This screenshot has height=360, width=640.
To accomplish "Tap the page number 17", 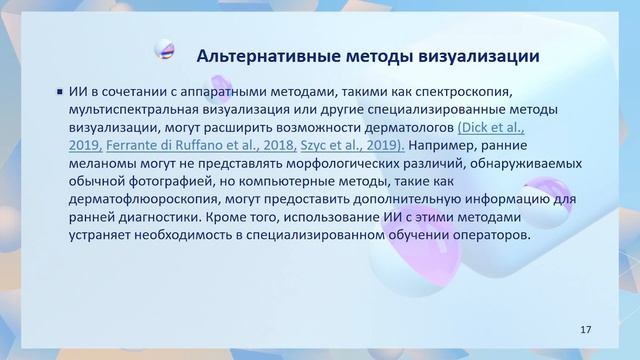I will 586,329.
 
